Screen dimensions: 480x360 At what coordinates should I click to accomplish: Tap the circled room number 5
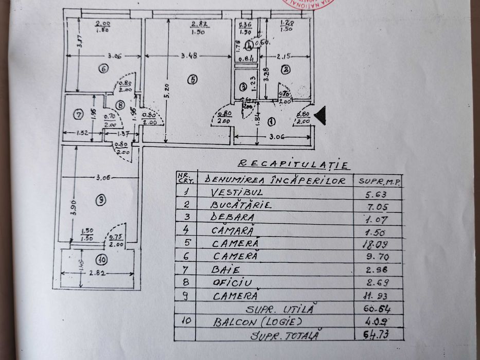(x=192, y=80)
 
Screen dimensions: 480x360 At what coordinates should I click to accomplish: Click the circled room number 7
(x=78, y=115)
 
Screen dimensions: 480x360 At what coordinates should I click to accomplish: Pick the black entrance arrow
(x=319, y=116)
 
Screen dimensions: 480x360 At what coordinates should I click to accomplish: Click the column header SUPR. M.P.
(x=379, y=181)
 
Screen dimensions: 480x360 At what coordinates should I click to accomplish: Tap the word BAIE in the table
(x=226, y=269)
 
